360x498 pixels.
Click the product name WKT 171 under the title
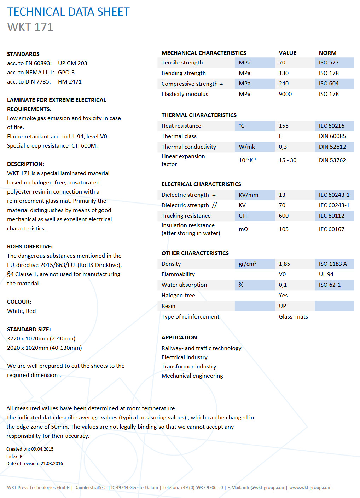30,27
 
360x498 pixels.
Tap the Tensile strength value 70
282,63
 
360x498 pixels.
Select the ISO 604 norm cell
329,84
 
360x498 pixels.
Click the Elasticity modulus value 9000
285,94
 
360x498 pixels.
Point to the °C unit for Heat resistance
242,126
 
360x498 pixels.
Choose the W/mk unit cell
247,147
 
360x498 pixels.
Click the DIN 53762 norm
332,160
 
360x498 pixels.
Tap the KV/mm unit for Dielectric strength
248,195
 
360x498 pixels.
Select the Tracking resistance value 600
284,216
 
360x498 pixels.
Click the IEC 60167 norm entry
331,229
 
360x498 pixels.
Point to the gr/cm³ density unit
247,264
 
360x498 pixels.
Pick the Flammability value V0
282,274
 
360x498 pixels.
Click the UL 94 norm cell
326,274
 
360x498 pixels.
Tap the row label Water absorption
184,285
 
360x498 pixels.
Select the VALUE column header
288,53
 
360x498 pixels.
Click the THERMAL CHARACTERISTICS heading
199,115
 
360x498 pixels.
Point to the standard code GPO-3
66,73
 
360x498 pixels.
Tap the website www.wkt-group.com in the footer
310,488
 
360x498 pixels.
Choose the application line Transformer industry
188,367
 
